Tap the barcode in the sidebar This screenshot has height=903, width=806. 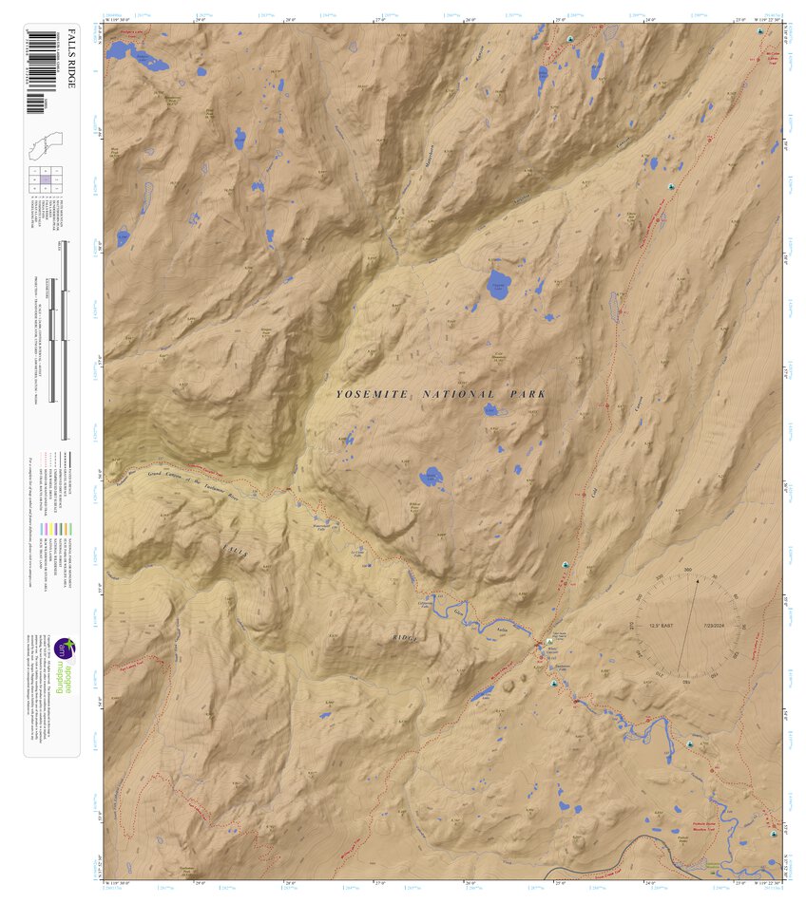(x=39, y=71)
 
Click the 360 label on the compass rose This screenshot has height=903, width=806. (x=688, y=571)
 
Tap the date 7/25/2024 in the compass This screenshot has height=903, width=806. (x=714, y=626)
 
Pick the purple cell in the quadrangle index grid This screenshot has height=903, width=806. (x=45, y=179)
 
